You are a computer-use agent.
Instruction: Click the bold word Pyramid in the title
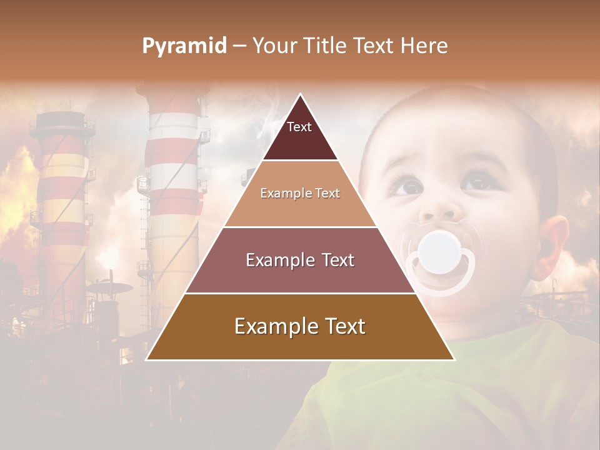(x=184, y=46)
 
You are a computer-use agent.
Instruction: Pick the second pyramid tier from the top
(x=300, y=194)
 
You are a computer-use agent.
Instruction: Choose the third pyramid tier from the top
(x=300, y=260)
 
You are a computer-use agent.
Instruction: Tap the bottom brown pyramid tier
(x=300, y=327)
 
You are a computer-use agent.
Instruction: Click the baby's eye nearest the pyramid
(x=407, y=186)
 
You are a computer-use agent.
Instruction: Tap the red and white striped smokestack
(x=173, y=162)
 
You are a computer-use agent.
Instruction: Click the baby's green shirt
(x=450, y=387)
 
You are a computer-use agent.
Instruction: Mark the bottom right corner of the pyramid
(x=454, y=359)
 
